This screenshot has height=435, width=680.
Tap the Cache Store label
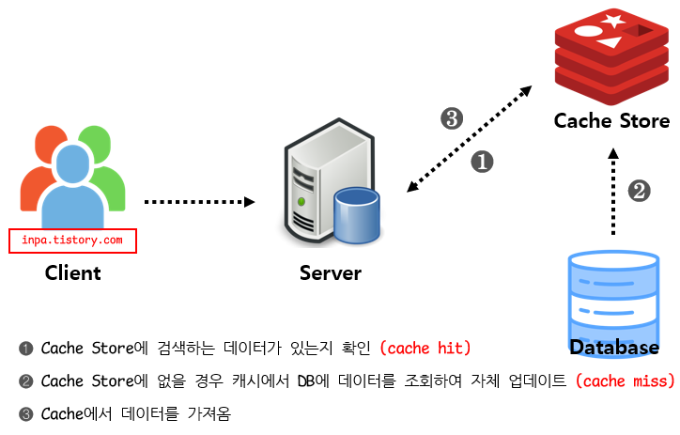click(x=611, y=121)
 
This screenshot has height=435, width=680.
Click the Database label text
click(x=614, y=349)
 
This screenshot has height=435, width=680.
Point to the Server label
click(x=330, y=273)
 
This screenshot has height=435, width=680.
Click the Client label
click(x=72, y=273)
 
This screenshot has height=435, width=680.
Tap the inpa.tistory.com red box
click(x=72, y=241)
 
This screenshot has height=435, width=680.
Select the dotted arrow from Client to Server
click(x=199, y=201)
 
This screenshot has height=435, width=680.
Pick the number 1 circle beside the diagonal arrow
click(x=482, y=161)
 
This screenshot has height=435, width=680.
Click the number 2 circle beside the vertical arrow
click(x=639, y=191)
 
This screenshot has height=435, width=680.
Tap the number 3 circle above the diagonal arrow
click(x=452, y=118)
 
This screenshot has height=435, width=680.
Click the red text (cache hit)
click(x=425, y=349)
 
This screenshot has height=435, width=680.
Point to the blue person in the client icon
click(x=72, y=188)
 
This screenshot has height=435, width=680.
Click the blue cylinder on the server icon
click(x=356, y=214)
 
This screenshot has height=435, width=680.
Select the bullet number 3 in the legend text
click(x=25, y=412)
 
